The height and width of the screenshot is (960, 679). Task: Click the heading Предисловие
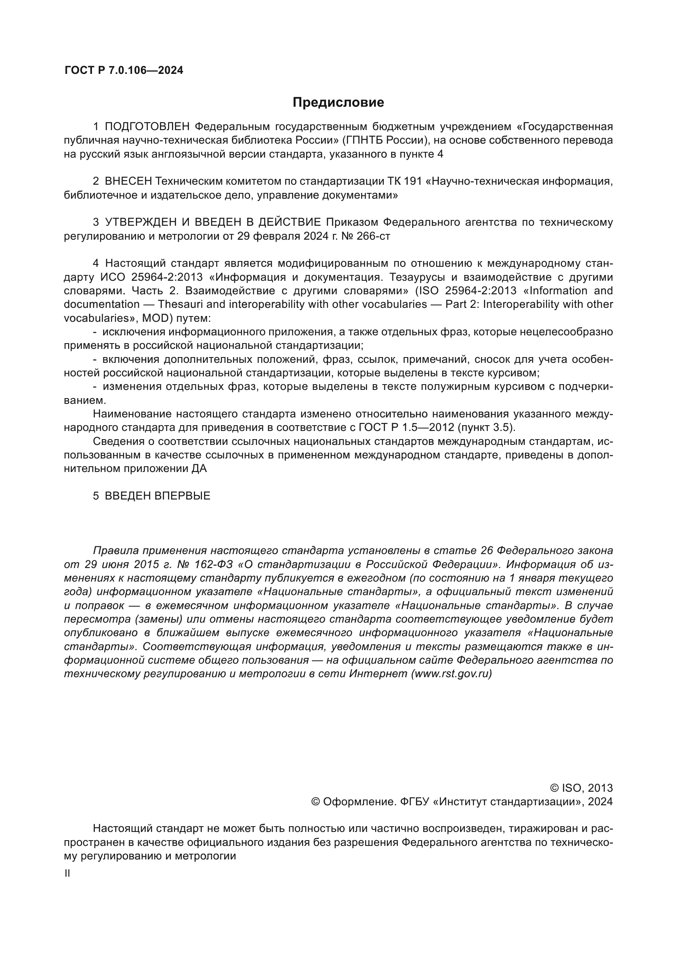coord(338,103)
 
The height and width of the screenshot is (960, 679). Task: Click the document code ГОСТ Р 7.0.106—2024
coord(124,70)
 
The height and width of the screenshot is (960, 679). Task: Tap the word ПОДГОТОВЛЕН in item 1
coord(147,126)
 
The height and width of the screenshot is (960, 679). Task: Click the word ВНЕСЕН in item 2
coord(128,181)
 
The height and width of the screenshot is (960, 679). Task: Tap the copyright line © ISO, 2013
coord(582,788)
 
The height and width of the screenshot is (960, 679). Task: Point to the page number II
coord(67,873)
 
